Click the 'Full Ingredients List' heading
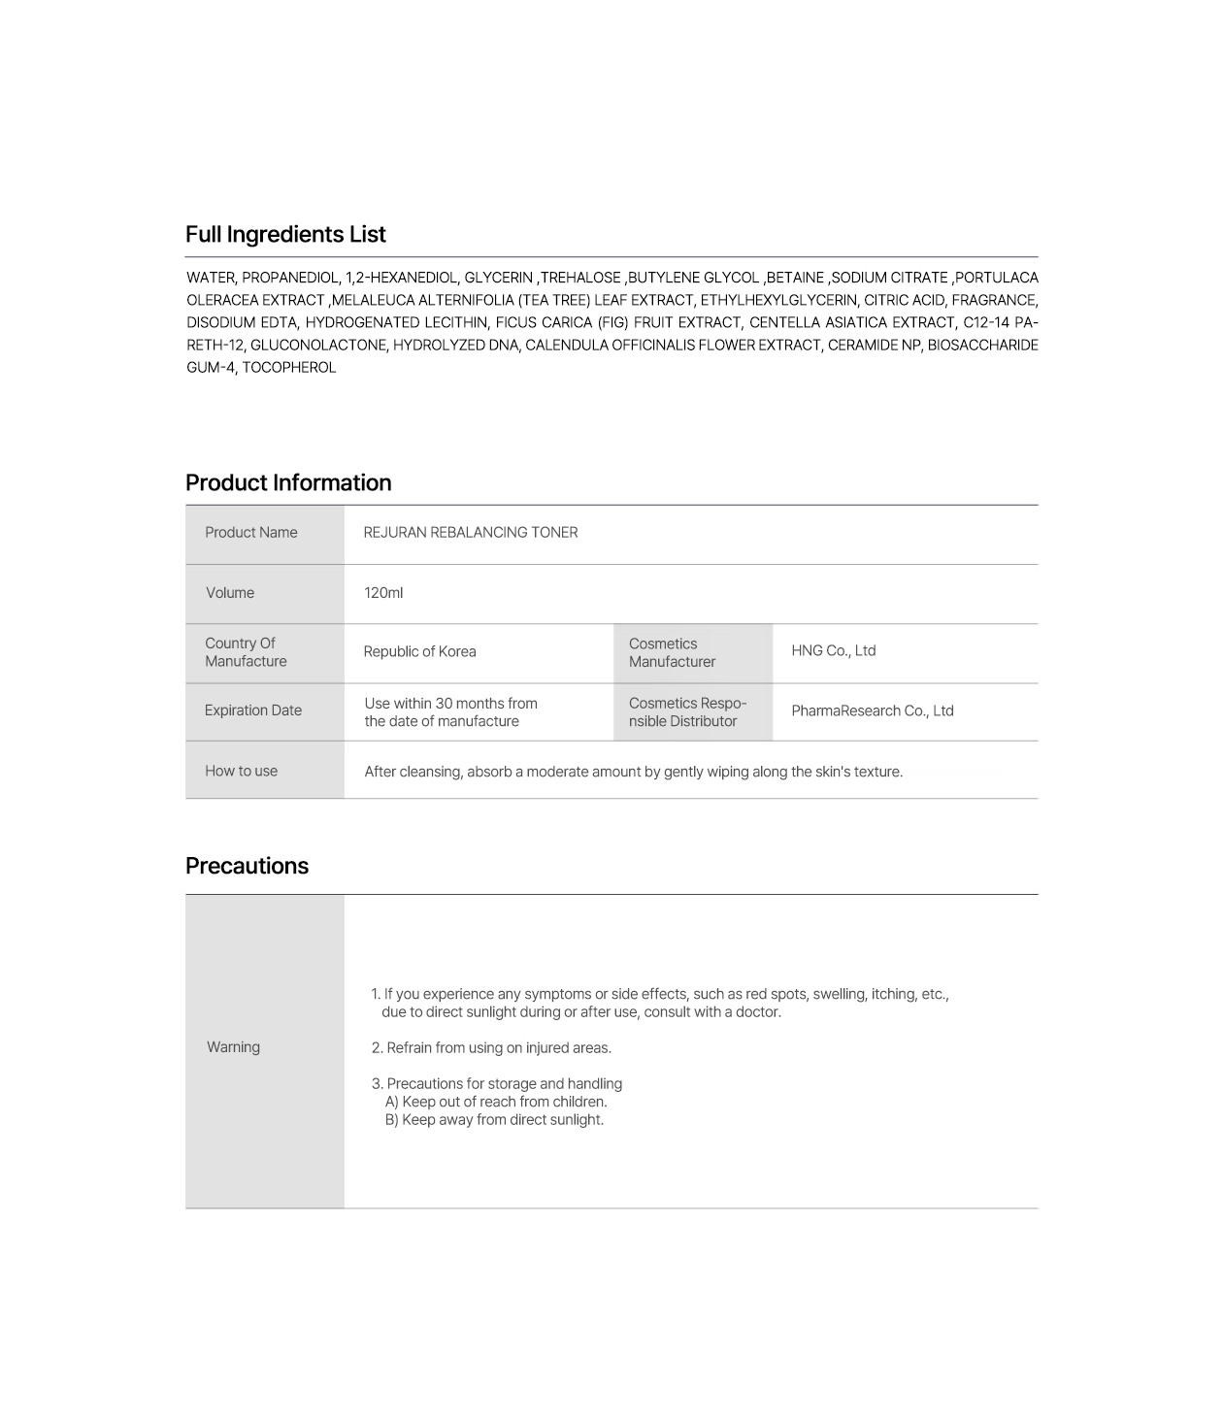tap(285, 235)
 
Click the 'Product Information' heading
tap(288, 483)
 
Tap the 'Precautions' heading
tap(247, 867)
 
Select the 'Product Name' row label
tap(251, 533)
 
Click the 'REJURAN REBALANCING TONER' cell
tap(471, 533)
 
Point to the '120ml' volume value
tap(383, 593)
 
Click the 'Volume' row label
tap(230, 593)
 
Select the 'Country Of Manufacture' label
tap(246, 652)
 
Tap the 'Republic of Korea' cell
tap(419, 652)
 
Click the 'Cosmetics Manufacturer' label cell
tap(672, 652)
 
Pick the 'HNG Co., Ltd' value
tap(833, 651)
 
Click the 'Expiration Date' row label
tap(253, 710)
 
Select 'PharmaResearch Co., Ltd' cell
tap(872, 711)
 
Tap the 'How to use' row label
tap(241, 772)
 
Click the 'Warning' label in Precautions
tap(233, 1047)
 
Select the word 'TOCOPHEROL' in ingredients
tap(288, 368)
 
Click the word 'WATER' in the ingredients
tap(210, 278)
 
